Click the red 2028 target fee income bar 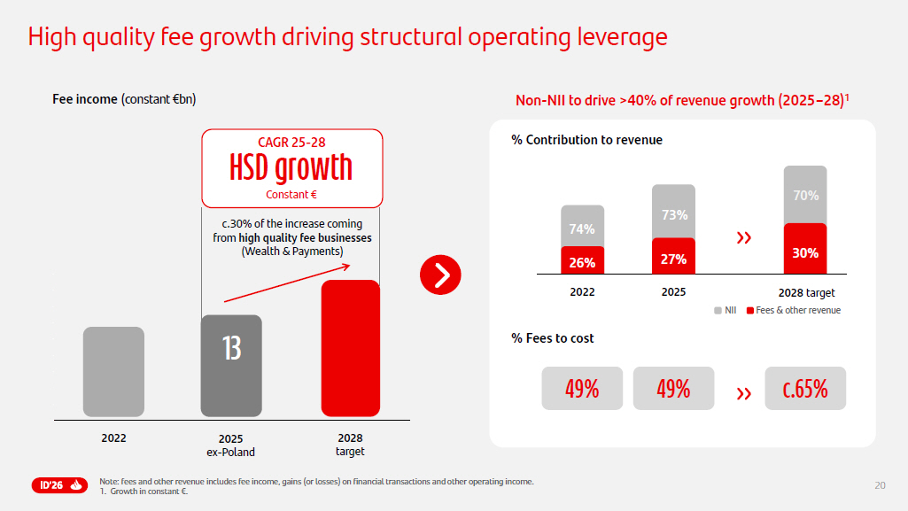(x=350, y=348)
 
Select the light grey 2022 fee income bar (x=113, y=371)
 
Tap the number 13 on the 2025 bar (x=231, y=348)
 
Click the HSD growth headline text (x=291, y=167)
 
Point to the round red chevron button (x=441, y=275)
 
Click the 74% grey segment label (x=582, y=228)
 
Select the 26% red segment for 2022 (x=582, y=262)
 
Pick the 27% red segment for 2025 (x=673, y=258)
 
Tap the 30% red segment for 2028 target (x=805, y=252)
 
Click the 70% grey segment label (x=805, y=196)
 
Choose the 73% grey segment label (x=674, y=214)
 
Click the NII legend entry (x=726, y=310)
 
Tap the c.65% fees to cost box (x=805, y=389)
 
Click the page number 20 (x=880, y=484)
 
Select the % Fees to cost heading (x=553, y=338)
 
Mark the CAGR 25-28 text (x=291, y=142)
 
